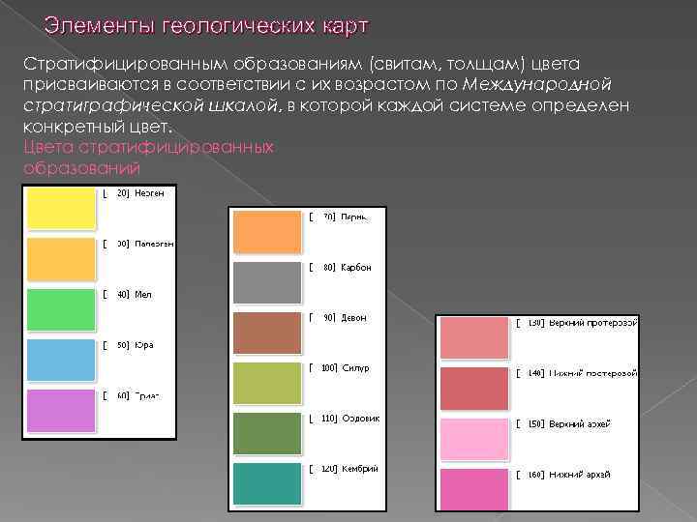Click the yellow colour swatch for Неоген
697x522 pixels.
61,209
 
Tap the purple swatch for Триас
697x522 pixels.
61,410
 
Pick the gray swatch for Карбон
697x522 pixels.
267,283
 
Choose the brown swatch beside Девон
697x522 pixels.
267,333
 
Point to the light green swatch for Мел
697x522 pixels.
61,309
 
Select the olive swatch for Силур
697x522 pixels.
267,384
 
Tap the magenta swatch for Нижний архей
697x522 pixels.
474,489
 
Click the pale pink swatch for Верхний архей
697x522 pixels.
474,439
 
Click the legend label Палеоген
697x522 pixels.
154,245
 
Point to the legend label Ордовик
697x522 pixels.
361,419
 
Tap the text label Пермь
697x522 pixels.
354,217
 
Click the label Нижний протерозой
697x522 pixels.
593,373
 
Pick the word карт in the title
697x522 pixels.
344,23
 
